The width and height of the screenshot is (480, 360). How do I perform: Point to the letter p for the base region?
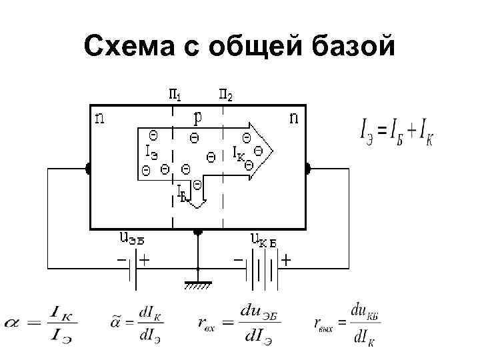[198, 117]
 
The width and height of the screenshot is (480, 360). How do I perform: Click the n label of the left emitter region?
[99, 119]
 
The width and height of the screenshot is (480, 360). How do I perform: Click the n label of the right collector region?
[293, 119]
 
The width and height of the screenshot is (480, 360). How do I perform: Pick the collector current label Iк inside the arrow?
[237, 153]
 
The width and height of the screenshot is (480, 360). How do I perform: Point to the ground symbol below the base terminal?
[197, 285]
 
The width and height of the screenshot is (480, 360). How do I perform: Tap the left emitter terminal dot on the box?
[88, 168]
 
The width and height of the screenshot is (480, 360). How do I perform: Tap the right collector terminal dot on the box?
[307, 168]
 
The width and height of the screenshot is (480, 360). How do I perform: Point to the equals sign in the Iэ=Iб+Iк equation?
[383, 132]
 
